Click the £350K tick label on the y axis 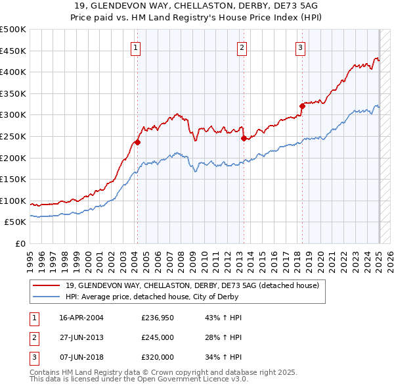[x=13, y=93]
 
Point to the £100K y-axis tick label [x=13, y=201]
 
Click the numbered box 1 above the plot [x=135, y=47]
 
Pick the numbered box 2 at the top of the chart [x=242, y=47]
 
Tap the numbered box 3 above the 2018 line [x=299, y=47]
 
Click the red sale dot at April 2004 [x=138, y=142]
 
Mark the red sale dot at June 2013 [x=244, y=138]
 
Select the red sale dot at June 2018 [x=302, y=106]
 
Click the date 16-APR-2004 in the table [x=81, y=318]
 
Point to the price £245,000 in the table [x=158, y=337]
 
